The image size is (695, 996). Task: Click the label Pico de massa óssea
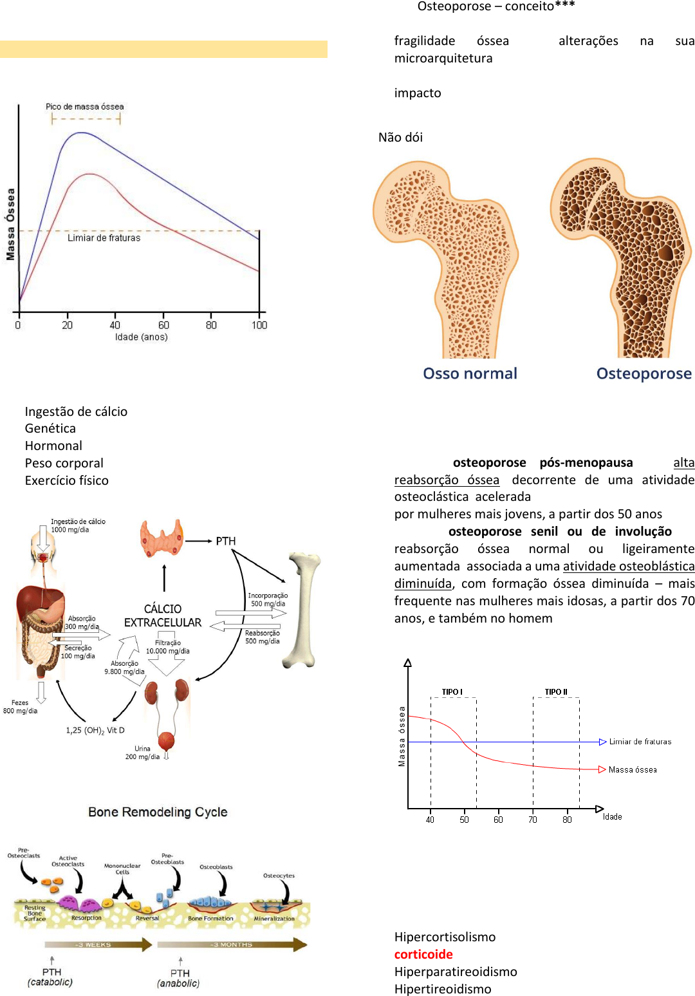84,107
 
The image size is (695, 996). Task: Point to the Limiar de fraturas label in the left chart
104,238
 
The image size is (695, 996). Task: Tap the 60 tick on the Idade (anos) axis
163,325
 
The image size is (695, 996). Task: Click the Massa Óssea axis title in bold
10,224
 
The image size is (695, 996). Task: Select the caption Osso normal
470,374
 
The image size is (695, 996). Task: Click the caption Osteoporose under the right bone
644,374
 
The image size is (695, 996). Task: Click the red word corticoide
423,954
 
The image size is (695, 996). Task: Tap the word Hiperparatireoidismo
456,972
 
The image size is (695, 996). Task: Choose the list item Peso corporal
64,463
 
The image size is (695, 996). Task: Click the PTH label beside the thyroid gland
225,541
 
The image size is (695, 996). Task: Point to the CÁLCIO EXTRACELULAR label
163,615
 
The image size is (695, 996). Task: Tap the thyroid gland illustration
162,539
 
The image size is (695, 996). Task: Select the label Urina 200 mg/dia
142,753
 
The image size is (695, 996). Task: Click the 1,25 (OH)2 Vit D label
95,730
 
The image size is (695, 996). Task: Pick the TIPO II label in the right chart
556,691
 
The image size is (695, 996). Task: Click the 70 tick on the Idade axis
533,820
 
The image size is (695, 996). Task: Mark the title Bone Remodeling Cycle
158,812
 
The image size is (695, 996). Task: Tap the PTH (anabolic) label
179,978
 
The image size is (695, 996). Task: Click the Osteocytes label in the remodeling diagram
279,876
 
